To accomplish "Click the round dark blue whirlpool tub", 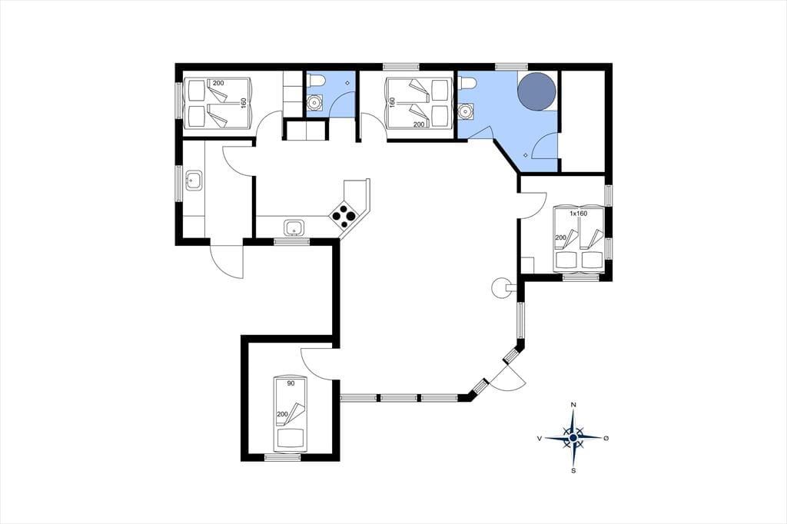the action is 536,91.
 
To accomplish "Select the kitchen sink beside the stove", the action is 293,227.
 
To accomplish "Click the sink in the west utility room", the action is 194,180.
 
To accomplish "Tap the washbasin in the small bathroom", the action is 315,102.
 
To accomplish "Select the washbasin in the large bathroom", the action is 467,111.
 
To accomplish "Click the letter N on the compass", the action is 573,405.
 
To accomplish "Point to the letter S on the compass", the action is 573,470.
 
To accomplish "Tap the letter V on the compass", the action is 540,438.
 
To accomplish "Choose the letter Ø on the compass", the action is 606,438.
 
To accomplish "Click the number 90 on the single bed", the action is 290,383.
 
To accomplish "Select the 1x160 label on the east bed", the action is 578,214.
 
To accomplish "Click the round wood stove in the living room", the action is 501,288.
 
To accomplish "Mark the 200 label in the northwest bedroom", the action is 218,83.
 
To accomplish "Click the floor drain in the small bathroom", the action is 347,82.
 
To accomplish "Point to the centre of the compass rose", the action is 573,438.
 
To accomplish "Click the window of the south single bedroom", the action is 283,456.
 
